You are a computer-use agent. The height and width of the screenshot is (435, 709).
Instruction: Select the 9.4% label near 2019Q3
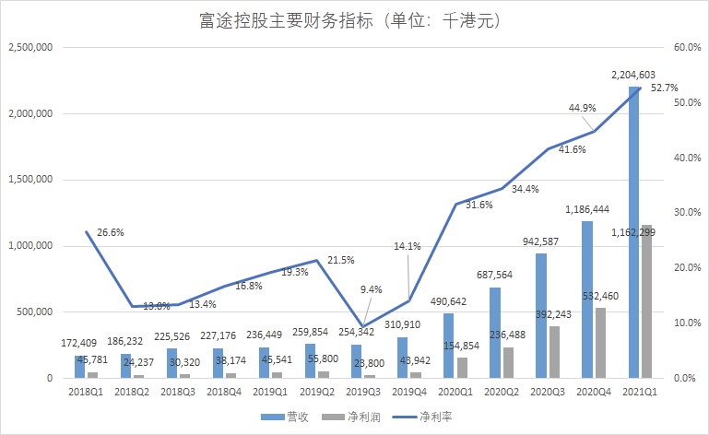pyautogui.click(x=370, y=289)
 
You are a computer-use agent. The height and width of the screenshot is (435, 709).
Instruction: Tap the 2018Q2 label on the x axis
pyautogui.click(x=132, y=392)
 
